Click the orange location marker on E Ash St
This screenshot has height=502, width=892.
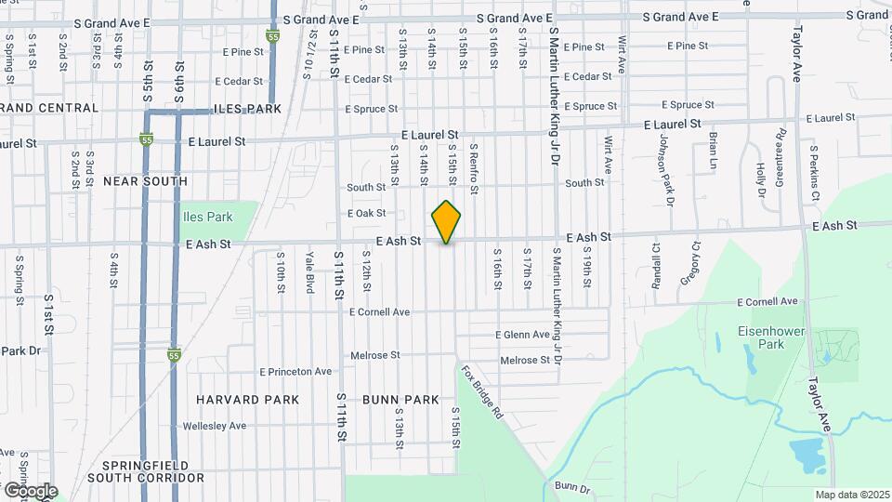coord(447,222)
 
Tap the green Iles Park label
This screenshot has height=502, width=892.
coord(206,218)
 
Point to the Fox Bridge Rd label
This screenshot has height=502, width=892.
coord(481,391)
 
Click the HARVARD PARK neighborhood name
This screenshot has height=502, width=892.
coord(248,400)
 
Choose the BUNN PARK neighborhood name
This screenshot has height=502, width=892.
coord(400,400)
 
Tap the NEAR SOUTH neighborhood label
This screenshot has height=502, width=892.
coord(146,181)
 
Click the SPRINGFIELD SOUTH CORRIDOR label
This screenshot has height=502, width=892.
coord(145,471)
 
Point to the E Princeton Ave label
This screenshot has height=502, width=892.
coord(295,372)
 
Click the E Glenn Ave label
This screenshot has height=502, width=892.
coord(523,335)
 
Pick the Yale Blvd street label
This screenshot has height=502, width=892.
coord(310,276)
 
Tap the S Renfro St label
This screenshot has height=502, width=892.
coord(473,169)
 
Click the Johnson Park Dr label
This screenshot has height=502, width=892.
coord(667,168)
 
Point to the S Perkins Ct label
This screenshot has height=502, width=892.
coord(813,173)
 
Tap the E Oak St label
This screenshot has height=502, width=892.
coord(366,214)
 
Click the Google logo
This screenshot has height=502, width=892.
coord(31,490)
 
